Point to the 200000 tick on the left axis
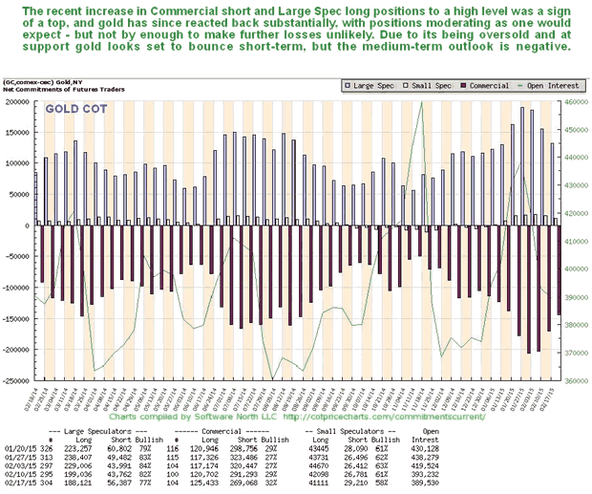click(x=17, y=100)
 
